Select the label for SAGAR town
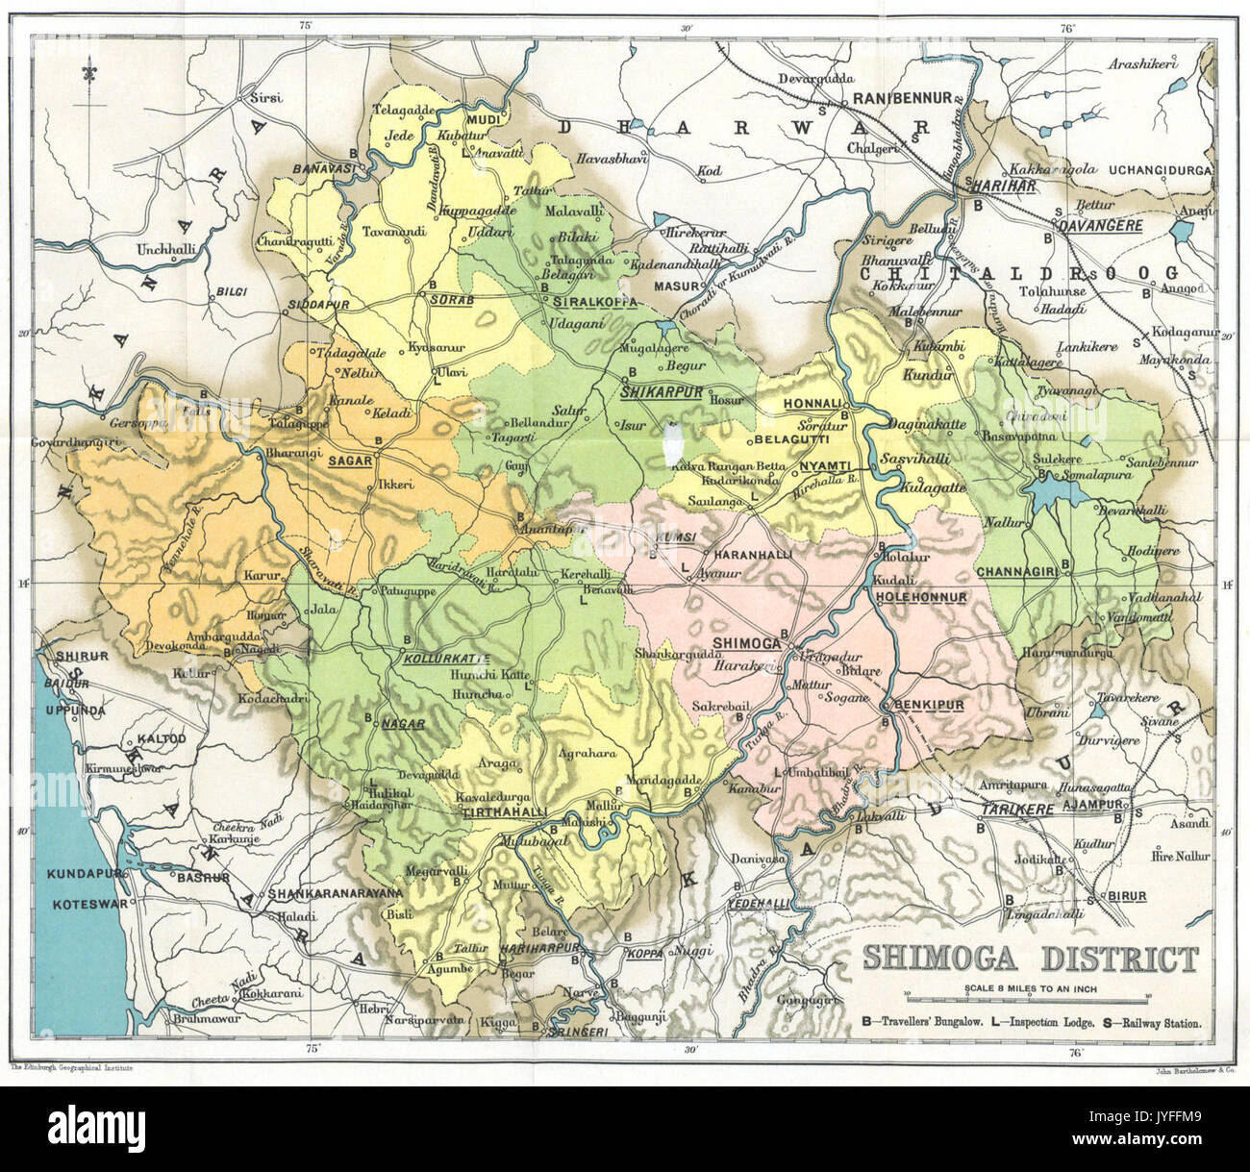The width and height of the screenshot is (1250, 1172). coord(350,461)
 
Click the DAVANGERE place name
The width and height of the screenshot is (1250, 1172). coord(1099,226)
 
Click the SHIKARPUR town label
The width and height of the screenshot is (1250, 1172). coord(663,392)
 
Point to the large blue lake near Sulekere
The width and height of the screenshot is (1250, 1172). coord(1055,493)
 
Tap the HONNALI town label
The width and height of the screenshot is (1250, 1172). coord(813,403)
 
